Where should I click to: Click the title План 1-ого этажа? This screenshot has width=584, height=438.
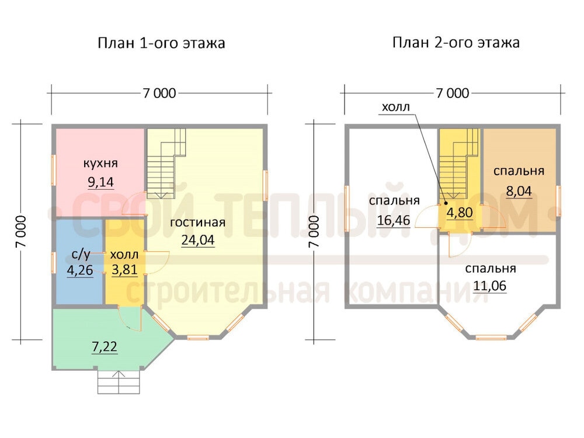[x=161, y=43]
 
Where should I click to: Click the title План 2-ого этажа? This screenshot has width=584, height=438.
[x=456, y=43]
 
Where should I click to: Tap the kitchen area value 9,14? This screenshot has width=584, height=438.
[x=100, y=182]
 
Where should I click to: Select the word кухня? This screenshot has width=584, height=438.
[x=100, y=163]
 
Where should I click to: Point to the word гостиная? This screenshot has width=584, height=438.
[x=198, y=223]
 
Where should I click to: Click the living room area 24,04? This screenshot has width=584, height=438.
[x=198, y=240]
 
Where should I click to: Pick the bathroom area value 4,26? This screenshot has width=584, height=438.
[x=79, y=270]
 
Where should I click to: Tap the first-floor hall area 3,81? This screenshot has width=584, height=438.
[x=124, y=270]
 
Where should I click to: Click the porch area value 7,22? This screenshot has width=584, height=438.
[x=105, y=347]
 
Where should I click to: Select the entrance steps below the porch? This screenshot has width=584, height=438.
[x=119, y=381]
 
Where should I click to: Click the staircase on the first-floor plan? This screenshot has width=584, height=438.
[x=166, y=164]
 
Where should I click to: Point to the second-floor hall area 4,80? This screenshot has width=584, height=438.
[x=460, y=213]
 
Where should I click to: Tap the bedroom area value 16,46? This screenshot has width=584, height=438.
[x=393, y=220]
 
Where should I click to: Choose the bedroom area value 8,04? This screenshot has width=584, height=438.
[x=519, y=191]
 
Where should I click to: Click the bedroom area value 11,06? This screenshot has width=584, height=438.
[x=490, y=286]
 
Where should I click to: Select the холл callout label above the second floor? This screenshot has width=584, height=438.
[x=395, y=107]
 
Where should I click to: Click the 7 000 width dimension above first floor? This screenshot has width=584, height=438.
[x=159, y=93]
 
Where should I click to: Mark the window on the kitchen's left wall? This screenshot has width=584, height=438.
[x=54, y=170]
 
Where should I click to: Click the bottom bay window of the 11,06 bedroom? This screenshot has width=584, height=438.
[x=491, y=338]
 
